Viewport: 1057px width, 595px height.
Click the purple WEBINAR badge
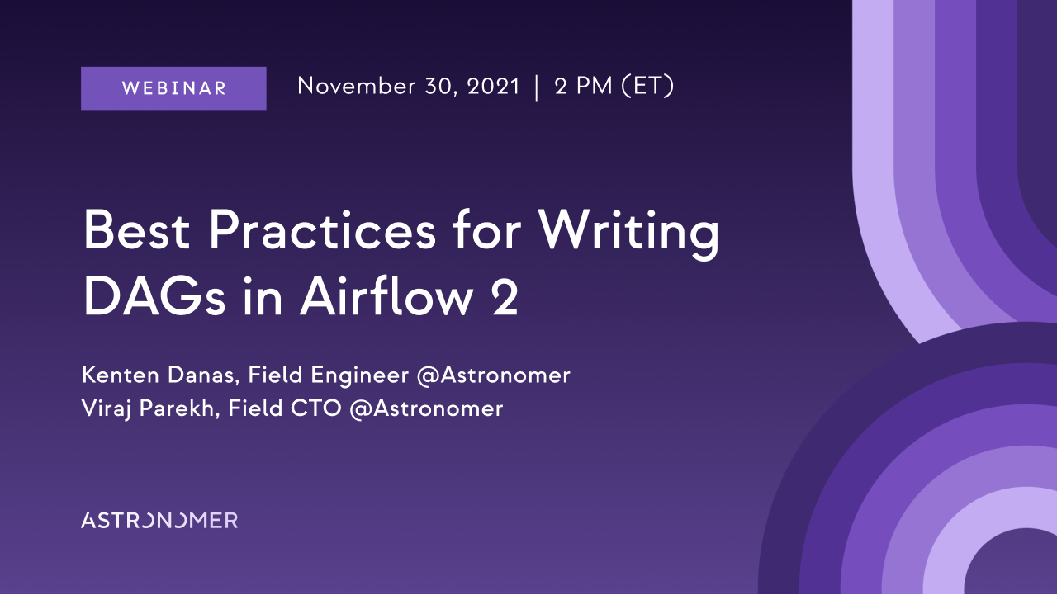tap(173, 88)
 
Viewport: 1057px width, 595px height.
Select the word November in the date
tap(357, 87)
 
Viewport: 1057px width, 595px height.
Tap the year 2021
tap(493, 87)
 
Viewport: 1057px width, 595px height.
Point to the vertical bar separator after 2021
tap(537, 87)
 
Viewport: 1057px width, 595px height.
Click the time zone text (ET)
tap(648, 87)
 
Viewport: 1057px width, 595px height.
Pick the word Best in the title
tap(136, 230)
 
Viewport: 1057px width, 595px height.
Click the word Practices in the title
tap(322, 230)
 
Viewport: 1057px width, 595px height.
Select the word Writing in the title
tap(628, 234)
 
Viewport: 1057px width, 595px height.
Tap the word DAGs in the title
tap(154, 297)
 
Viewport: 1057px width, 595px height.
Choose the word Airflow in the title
tap(386, 295)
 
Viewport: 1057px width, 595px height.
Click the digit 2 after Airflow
tap(505, 297)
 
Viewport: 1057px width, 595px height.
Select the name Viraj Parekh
tap(150, 409)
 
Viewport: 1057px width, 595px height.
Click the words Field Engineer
tap(329, 375)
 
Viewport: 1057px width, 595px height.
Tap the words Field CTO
tap(285, 408)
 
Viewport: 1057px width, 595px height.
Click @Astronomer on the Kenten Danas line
tap(494, 375)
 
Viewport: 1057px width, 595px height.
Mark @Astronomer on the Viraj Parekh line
tap(427, 408)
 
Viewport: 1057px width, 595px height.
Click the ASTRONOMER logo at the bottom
tap(159, 521)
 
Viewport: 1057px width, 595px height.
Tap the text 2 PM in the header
tap(584, 87)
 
